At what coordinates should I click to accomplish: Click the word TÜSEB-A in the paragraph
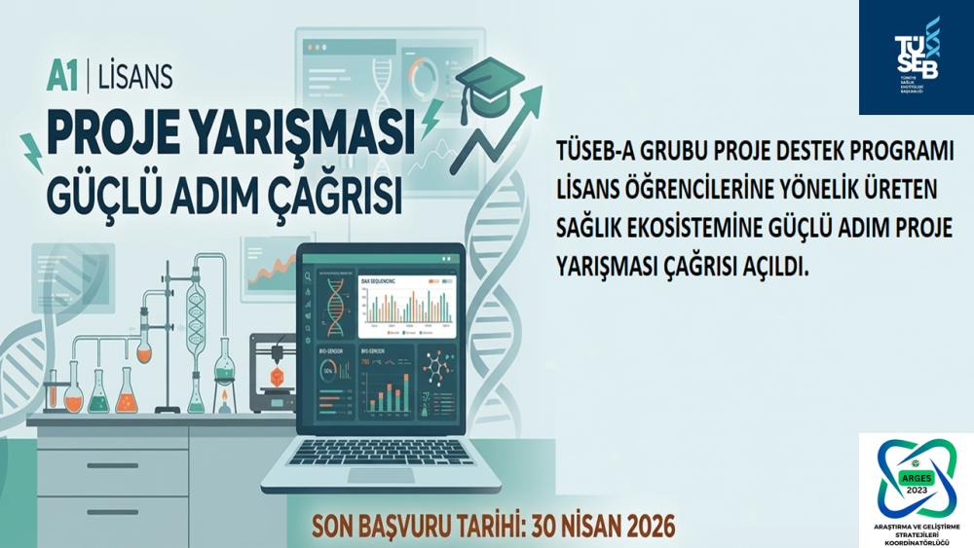coord(593,155)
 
